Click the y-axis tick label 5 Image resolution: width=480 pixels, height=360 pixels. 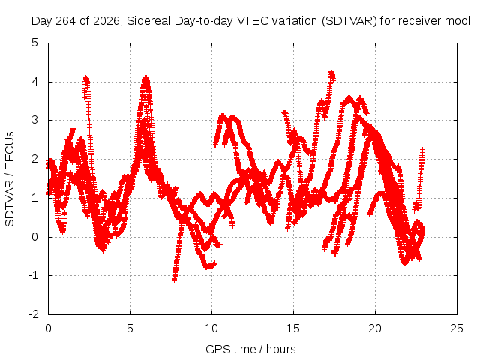pos(35,43)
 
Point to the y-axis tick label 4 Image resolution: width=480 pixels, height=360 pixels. pos(35,82)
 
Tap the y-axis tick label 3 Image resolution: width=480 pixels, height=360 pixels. pos(35,120)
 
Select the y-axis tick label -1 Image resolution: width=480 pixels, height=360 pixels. pos(34,275)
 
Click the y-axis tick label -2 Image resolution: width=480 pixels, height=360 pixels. pos(34,314)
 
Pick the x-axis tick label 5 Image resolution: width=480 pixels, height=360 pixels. pos(130,328)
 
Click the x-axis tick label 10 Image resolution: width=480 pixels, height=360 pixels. pos(211,328)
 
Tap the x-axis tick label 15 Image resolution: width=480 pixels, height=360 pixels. pos(293,328)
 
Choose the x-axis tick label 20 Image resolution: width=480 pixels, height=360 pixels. pos(375,328)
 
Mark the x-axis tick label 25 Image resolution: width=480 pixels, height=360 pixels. pos(457,328)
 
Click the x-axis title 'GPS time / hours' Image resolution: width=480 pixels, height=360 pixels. pos(250,349)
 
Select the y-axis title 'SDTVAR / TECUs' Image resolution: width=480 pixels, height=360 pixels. pos(10,179)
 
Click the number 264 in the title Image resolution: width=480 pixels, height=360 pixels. pos(66,21)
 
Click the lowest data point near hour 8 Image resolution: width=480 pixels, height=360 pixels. pos(175,279)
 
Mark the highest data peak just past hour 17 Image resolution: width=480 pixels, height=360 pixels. pos(331,72)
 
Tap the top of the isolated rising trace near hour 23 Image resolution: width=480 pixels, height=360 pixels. pos(423,149)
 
